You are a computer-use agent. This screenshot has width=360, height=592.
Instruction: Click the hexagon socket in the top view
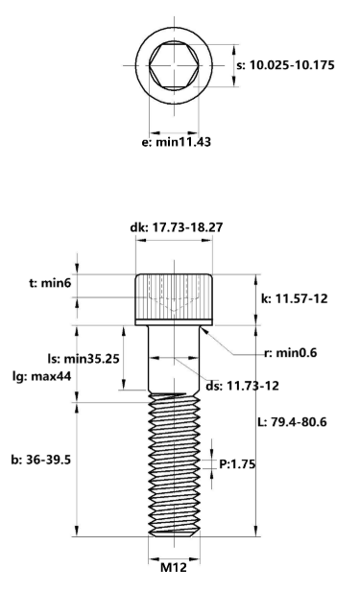point(173,66)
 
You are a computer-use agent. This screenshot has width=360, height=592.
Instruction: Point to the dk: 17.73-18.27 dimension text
point(177,227)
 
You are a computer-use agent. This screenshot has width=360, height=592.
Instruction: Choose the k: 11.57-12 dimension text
point(294,298)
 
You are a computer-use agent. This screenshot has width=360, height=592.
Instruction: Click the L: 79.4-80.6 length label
point(302,422)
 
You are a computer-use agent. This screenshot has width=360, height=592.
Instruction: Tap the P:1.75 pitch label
point(235,463)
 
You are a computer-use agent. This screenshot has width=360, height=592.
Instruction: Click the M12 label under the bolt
point(173,567)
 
